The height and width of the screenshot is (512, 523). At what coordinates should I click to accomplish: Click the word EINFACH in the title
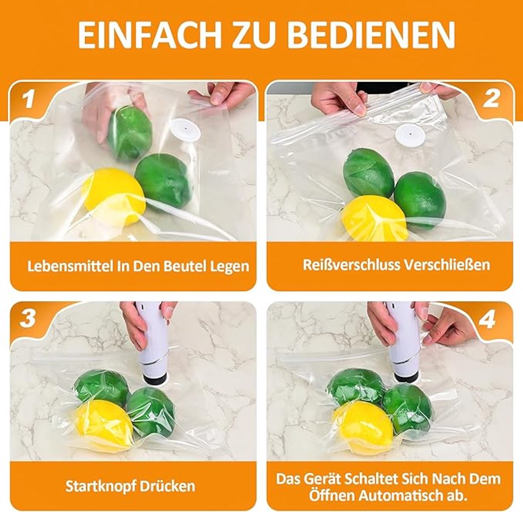point(149,36)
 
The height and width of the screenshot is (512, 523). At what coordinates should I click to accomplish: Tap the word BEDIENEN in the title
point(372,36)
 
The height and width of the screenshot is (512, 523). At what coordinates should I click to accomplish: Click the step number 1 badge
point(28,99)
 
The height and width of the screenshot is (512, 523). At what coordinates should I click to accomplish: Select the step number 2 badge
point(491,99)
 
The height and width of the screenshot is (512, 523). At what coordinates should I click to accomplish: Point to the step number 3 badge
point(27,318)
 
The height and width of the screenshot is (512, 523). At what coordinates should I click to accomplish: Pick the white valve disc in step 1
point(187,130)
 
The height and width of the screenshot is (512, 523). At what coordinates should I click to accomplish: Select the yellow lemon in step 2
point(374,219)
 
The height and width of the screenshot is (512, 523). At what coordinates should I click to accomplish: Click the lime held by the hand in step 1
point(130,132)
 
